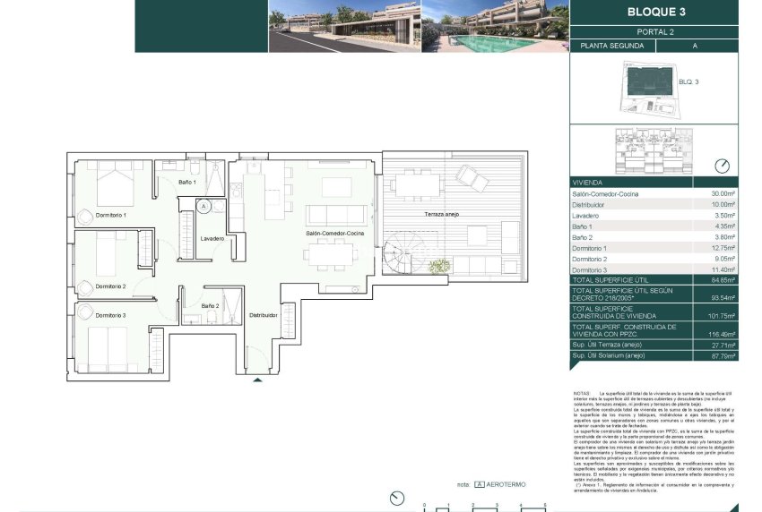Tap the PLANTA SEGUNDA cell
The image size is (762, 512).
[612, 45]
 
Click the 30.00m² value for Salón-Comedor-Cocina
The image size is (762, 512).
[723, 193]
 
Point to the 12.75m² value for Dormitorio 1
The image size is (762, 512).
[723, 248]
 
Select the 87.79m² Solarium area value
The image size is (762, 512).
[723, 355]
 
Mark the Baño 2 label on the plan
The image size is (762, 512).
[210, 306]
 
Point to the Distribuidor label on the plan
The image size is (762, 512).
[263, 315]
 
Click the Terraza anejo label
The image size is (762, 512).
[444, 216]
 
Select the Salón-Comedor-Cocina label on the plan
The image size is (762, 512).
[335, 234]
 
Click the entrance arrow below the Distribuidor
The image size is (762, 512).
[259, 380]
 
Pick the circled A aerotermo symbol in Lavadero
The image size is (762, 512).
[203, 206]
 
